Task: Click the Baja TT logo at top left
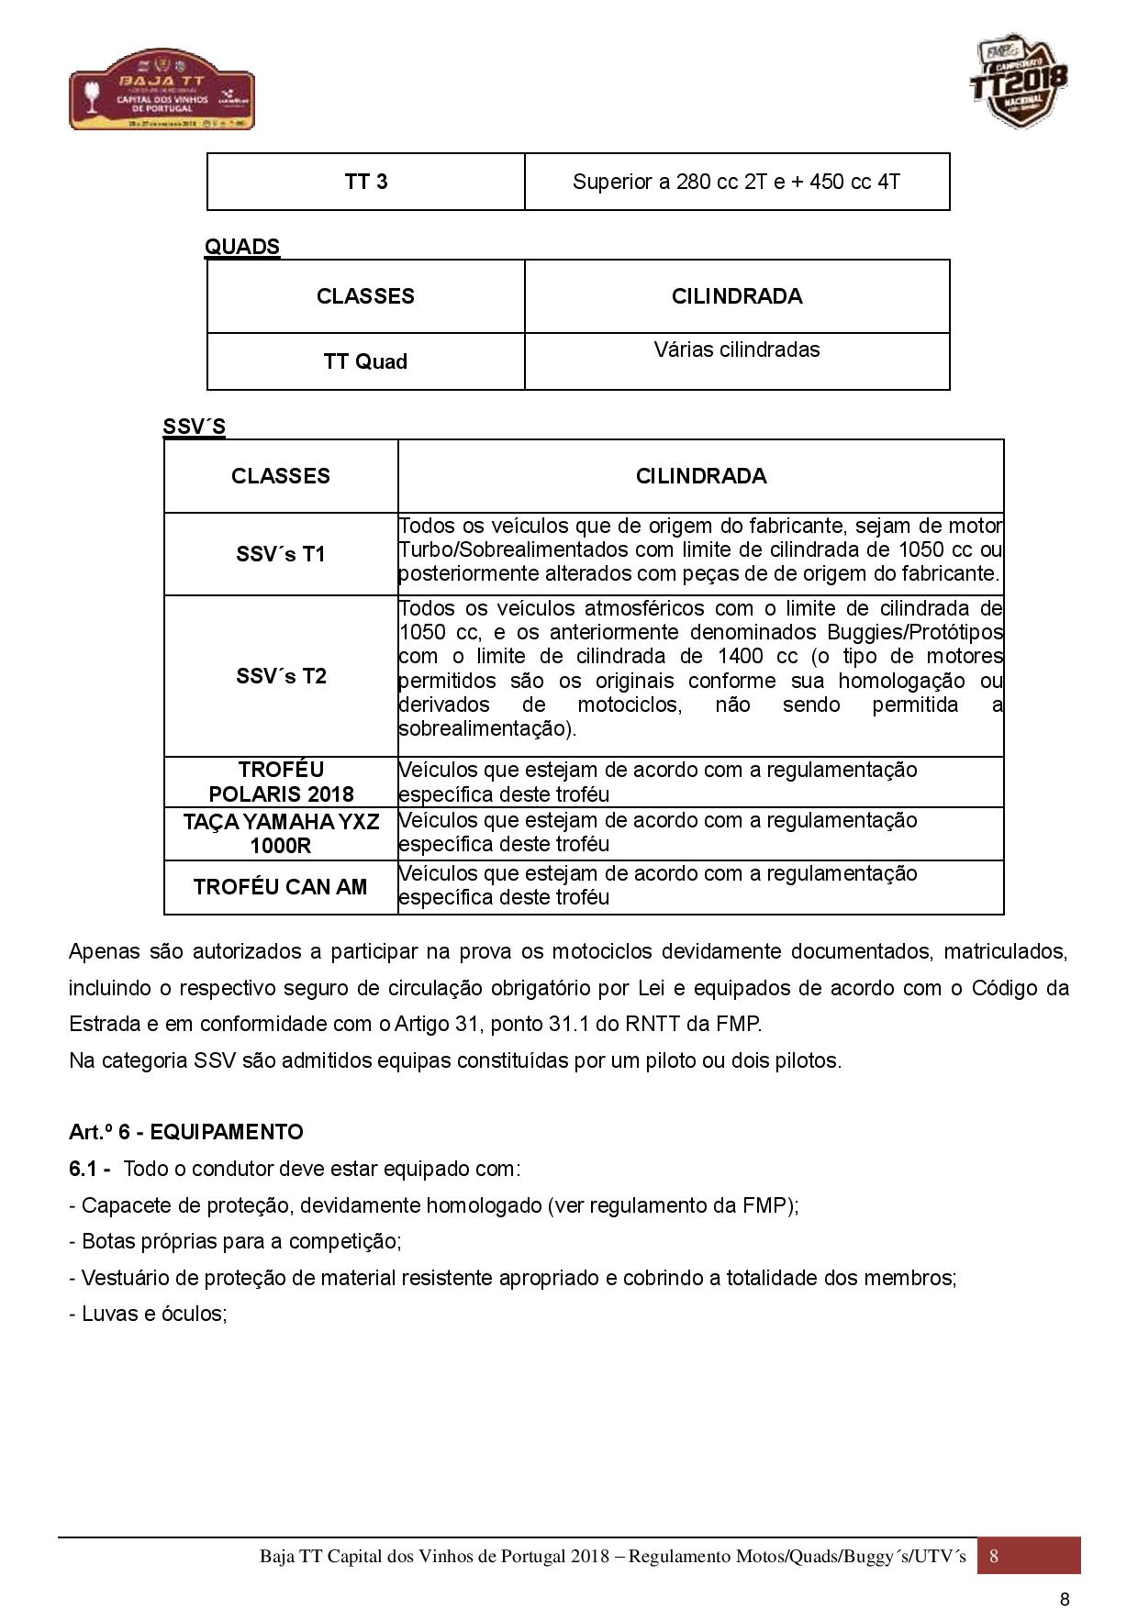click(162, 89)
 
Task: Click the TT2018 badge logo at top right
click(1019, 81)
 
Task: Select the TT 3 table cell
click(365, 182)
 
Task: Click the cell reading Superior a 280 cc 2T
click(736, 182)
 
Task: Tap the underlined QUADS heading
click(242, 247)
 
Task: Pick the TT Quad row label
click(365, 361)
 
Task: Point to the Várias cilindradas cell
click(736, 350)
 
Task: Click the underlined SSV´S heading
click(194, 427)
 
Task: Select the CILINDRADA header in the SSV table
click(701, 476)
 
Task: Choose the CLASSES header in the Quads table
click(365, 296)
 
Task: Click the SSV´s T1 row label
click(281, 555)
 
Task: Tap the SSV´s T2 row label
click(281, 676)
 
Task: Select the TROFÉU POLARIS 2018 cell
click(281, 782)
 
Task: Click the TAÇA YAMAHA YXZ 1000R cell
click(281, 833)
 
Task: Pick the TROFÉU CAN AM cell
click(281, 887)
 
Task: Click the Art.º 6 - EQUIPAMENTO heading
click(185, 1132)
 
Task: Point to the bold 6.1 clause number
click(89, 1169)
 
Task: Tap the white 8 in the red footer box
click(994, 1557)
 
